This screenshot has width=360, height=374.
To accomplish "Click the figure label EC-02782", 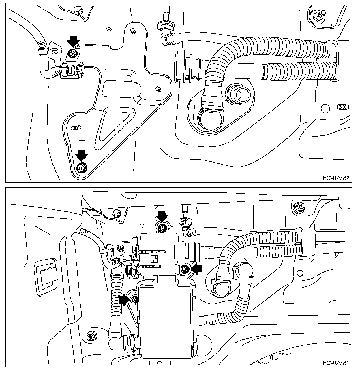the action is (336, 178).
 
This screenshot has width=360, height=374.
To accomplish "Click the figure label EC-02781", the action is (336, 363).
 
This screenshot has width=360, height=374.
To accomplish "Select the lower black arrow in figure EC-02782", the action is (81, 155).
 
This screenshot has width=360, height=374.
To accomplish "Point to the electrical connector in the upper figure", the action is (72, 70).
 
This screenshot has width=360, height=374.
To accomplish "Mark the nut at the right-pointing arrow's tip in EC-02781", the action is (134, 299).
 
